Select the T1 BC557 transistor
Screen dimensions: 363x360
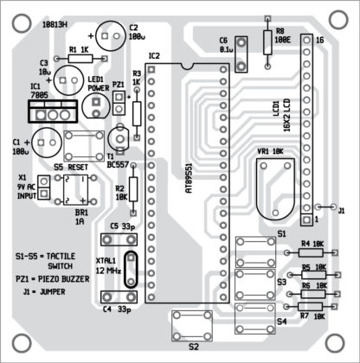[120, 137]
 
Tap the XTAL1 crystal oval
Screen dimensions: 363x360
[129, 268]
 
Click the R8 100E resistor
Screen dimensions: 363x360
[266, 38]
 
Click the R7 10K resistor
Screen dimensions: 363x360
[314, 306]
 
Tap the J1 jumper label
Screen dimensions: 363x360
[340, 210]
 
